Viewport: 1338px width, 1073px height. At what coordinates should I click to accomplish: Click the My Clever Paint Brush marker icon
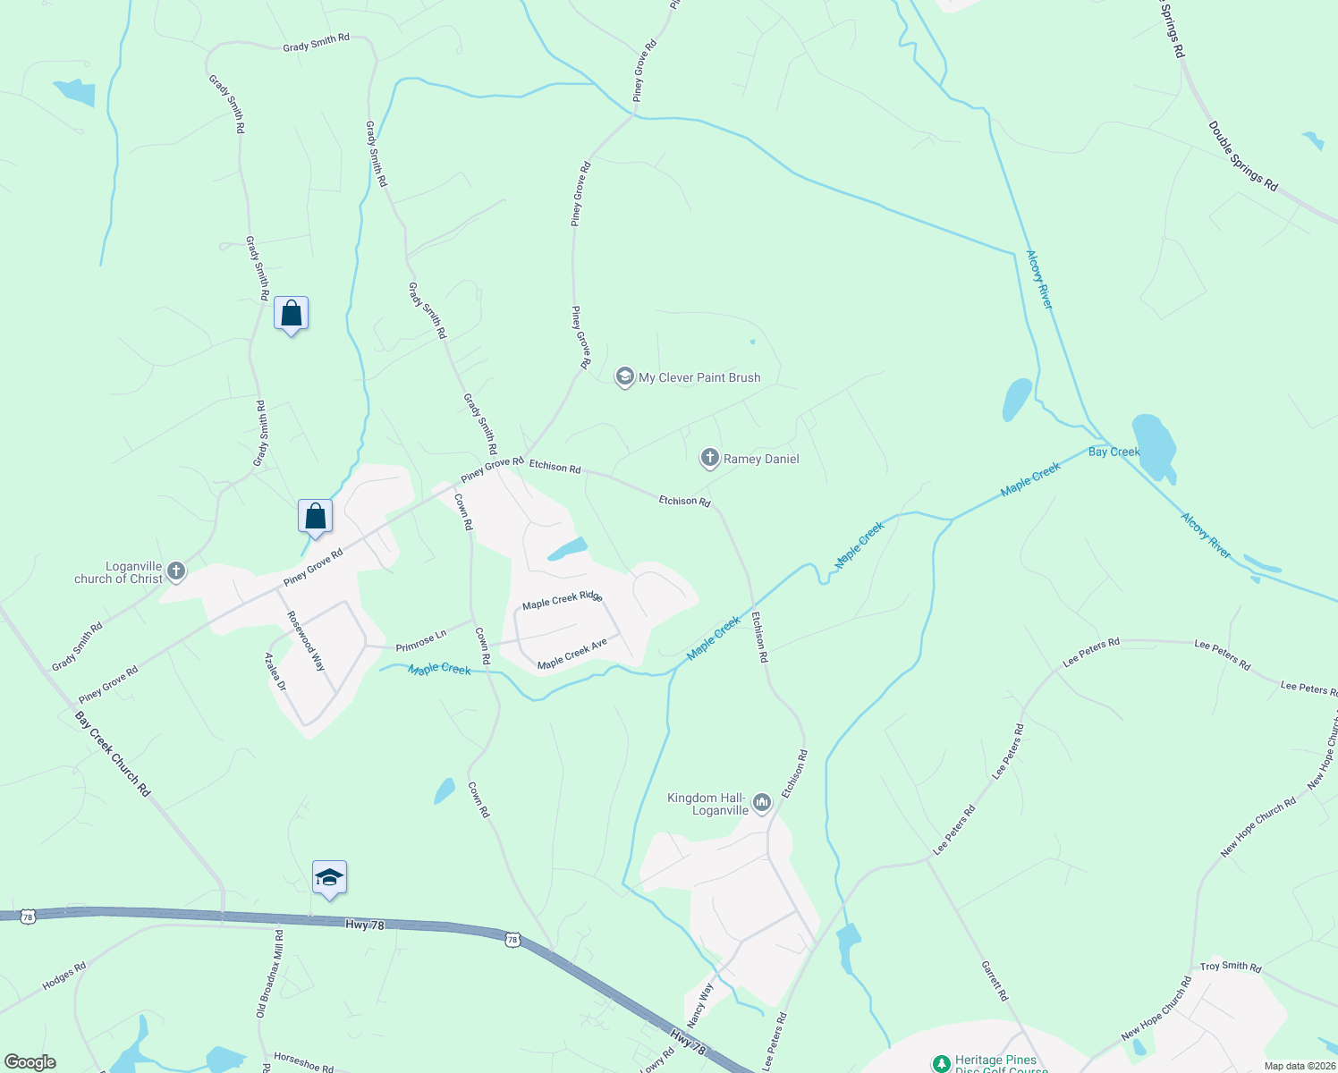click(624, 377)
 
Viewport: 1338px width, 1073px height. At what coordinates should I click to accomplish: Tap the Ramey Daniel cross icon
click(709, 459)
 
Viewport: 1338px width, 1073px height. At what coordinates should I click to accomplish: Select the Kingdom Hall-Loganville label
click(707, 804)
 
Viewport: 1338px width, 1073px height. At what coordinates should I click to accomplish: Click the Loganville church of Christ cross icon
click(176, 571)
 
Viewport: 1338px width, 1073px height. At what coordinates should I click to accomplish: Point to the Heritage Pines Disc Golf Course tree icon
click(941, 1063)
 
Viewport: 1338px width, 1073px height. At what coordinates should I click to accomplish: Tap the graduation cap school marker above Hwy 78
click(329, 878)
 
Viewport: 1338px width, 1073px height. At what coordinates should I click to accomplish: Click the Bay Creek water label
click(1114, 452)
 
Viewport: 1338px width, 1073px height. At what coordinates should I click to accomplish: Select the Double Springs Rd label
click(1242, 156)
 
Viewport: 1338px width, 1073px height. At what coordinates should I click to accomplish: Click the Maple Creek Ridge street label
click(563, 600)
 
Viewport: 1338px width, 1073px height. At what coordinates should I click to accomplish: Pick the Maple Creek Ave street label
click(572, 654)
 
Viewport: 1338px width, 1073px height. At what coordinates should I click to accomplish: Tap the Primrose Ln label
click(420, 641)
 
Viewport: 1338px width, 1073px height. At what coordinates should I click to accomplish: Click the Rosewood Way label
click(306, 641)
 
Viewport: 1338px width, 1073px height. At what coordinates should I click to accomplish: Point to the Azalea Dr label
click(275, 672)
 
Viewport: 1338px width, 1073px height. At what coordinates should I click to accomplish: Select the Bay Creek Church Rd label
click(113, 754)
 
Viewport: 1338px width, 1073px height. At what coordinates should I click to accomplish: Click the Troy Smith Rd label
click(1230, 967)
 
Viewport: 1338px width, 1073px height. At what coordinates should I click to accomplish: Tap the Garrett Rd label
click(994, 981)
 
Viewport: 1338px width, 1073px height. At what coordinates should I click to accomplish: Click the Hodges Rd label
click(64, 976)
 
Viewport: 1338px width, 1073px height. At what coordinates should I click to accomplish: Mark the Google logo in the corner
click(30, 1061)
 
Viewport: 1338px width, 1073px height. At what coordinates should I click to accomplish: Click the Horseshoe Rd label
click(303, 1061)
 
